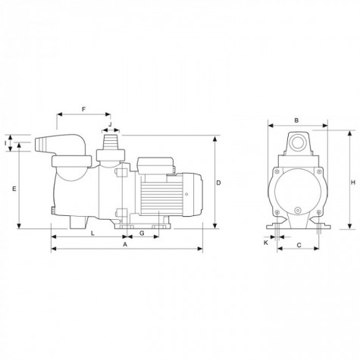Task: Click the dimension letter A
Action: (x=124, y=245)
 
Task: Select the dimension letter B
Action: (x=296, y=121)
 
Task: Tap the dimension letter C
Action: (x=299, y=245)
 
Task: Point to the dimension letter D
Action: (x=219, y=183)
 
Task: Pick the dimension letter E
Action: (x=14, y=189)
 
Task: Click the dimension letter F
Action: (x=84, y=109)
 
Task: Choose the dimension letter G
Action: (x=142, y=233)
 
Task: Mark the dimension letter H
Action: (x=353, y=183)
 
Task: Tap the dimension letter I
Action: (x=5, y=143)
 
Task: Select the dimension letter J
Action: (x=110, y=124)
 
